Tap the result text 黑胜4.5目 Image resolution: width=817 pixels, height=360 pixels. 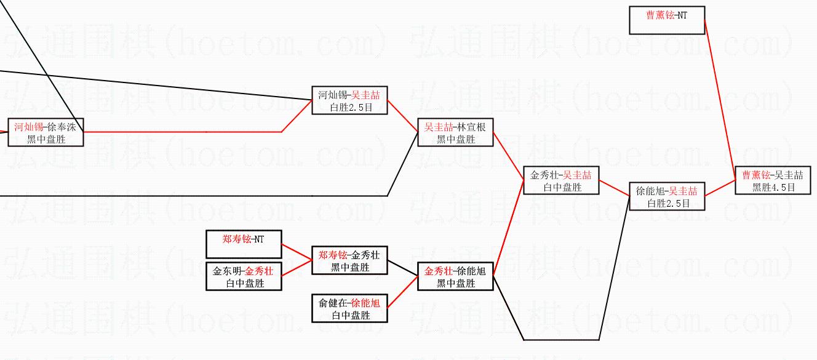[x=773, y=187]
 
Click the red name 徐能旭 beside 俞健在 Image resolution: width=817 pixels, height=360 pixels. [x=365, y=303]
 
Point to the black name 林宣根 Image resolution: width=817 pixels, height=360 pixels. [x=471, y=127]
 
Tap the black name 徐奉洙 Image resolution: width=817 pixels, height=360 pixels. [x=62, y=127]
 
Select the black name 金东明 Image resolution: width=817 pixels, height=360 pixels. [x=227, y=271]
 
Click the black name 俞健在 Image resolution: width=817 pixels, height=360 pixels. [x=333, y=303]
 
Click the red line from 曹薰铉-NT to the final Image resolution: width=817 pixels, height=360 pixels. [x=720, y=100]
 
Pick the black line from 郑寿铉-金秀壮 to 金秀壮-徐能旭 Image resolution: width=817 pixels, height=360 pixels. [x=403, y=268]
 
